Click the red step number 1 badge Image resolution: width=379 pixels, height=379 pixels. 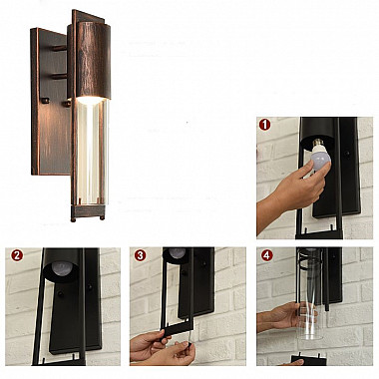click(x=264, y=125)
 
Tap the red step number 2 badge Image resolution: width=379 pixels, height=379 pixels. click(x=17, y=255)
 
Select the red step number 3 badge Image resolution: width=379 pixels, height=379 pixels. click(x=140, y=255)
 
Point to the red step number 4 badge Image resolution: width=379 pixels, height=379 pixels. click(x=267, y=255)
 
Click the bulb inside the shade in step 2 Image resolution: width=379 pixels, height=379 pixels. click(x=63, y=267)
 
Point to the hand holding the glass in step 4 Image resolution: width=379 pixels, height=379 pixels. click(x=278, y=316)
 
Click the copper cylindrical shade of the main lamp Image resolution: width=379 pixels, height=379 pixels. click(x=93, y=60)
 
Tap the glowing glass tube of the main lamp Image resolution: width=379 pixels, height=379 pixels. click(x=92, y=152)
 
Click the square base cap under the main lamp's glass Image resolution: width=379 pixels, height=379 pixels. click(x=88, y=212)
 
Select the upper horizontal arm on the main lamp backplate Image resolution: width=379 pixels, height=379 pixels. click(x=60, y=49)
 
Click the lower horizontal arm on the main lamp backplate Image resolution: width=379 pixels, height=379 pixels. click(x=60, y=77)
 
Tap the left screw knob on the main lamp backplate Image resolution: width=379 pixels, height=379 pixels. click(x=46, y=100)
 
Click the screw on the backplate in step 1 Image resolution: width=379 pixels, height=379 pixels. click(x=347, y=154)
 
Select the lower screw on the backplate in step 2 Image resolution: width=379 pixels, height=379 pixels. click(x=60, y=294)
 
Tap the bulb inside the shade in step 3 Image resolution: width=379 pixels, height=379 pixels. click(x=178, y=253)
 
